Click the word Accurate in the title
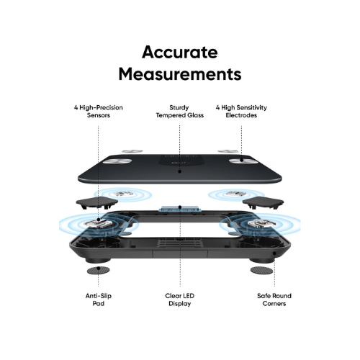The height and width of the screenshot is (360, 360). click(180, 52)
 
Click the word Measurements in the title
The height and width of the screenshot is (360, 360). click(180, 73)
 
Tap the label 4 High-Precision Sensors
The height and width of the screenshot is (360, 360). click(99, 112)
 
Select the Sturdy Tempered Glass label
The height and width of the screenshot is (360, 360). click(180, 112)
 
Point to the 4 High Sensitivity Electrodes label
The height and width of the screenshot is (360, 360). click(241, 112)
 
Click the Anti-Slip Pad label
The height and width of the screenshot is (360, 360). click(99, 300)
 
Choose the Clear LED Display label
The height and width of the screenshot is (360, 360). click(180, 300)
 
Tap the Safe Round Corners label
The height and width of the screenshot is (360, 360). click(274, 300)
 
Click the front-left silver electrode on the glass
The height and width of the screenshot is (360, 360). click(117, 161)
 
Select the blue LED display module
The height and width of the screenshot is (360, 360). click(180, 209)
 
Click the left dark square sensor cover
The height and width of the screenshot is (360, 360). click(97, 202)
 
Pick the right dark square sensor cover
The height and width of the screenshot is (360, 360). click(263, 202)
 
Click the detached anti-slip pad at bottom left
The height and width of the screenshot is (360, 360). click(98, 271)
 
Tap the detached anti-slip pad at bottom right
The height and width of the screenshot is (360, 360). click(262, 271)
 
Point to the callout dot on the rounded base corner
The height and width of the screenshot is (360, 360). click(274, 253)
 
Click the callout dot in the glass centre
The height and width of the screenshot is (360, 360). click(180, 171)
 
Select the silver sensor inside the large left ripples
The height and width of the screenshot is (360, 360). click(98, 223)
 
